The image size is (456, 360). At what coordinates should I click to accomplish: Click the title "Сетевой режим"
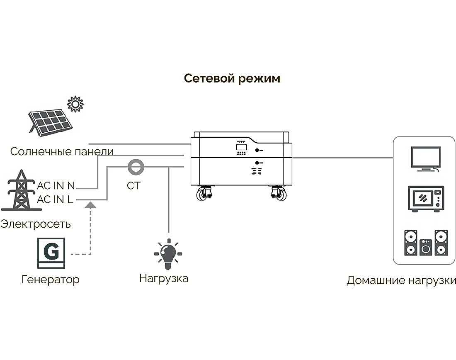232,78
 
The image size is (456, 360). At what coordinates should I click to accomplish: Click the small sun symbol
75,104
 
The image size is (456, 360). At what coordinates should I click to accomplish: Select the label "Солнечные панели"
62,151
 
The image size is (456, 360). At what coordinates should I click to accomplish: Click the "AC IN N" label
56,185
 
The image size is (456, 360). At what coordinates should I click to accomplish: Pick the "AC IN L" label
55,199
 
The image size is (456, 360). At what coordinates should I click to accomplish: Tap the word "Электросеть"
36,224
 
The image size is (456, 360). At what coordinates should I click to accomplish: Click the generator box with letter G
51,253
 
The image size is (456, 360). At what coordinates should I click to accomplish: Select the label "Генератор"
50,280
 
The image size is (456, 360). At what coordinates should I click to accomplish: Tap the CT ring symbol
134,167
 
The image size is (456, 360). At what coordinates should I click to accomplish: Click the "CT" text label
133,185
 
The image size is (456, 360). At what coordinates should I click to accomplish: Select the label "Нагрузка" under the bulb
164,278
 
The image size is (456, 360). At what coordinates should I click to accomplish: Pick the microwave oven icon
425,199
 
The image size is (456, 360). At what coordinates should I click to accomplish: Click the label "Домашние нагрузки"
401,280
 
